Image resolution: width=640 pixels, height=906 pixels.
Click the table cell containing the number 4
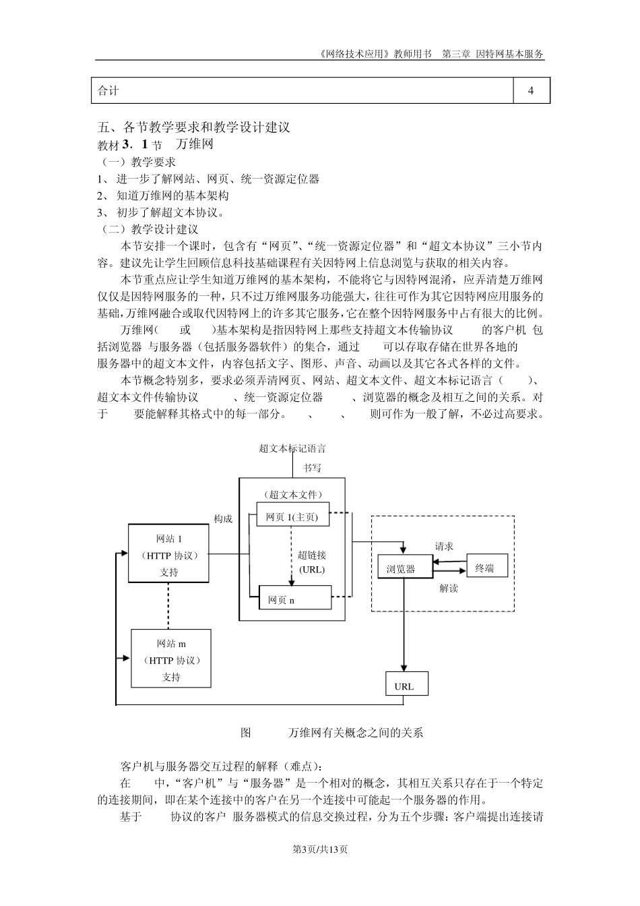(531, 90)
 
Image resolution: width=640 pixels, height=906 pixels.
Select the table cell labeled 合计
(302, 90)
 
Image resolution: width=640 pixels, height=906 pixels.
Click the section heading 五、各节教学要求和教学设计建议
(193, 127)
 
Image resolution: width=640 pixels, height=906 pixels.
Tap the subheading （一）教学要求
(137, 162)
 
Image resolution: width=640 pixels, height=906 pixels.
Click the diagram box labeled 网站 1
(169, 554)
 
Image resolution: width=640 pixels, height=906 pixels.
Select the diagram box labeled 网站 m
(171, 659)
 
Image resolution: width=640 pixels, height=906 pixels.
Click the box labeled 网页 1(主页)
(293, 518)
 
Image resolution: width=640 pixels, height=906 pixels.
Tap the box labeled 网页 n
(294, 598)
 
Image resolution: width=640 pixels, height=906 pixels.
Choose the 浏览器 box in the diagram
(403, 569)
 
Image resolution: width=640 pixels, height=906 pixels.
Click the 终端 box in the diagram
(486, 568)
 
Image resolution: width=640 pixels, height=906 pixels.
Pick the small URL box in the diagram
(404, 686)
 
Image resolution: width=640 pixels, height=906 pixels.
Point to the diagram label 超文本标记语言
(292, 448)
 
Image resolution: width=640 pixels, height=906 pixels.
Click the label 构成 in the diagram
(223, 518)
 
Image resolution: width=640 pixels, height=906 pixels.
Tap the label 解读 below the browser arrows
(449, 588)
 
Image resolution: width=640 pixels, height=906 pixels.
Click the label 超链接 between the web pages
(312, 555)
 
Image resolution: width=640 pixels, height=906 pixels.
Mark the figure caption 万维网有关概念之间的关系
(356, 733)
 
